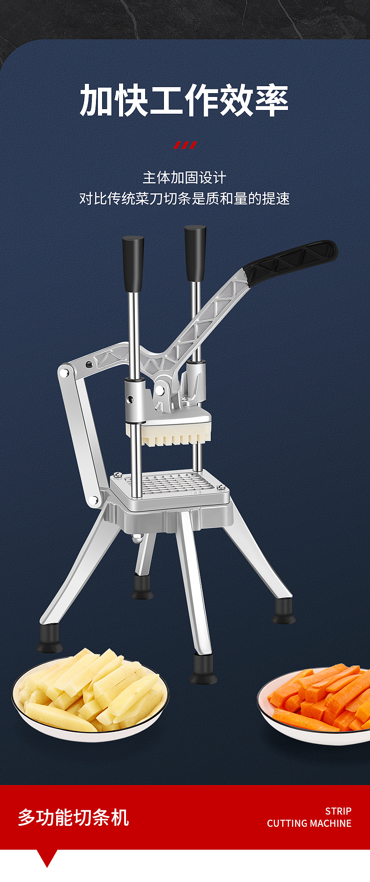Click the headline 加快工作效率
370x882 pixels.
184,100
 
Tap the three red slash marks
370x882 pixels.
185,145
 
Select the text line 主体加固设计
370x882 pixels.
184,177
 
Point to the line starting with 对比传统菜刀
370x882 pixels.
184,198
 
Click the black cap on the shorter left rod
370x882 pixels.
133,264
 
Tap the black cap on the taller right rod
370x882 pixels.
195,253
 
